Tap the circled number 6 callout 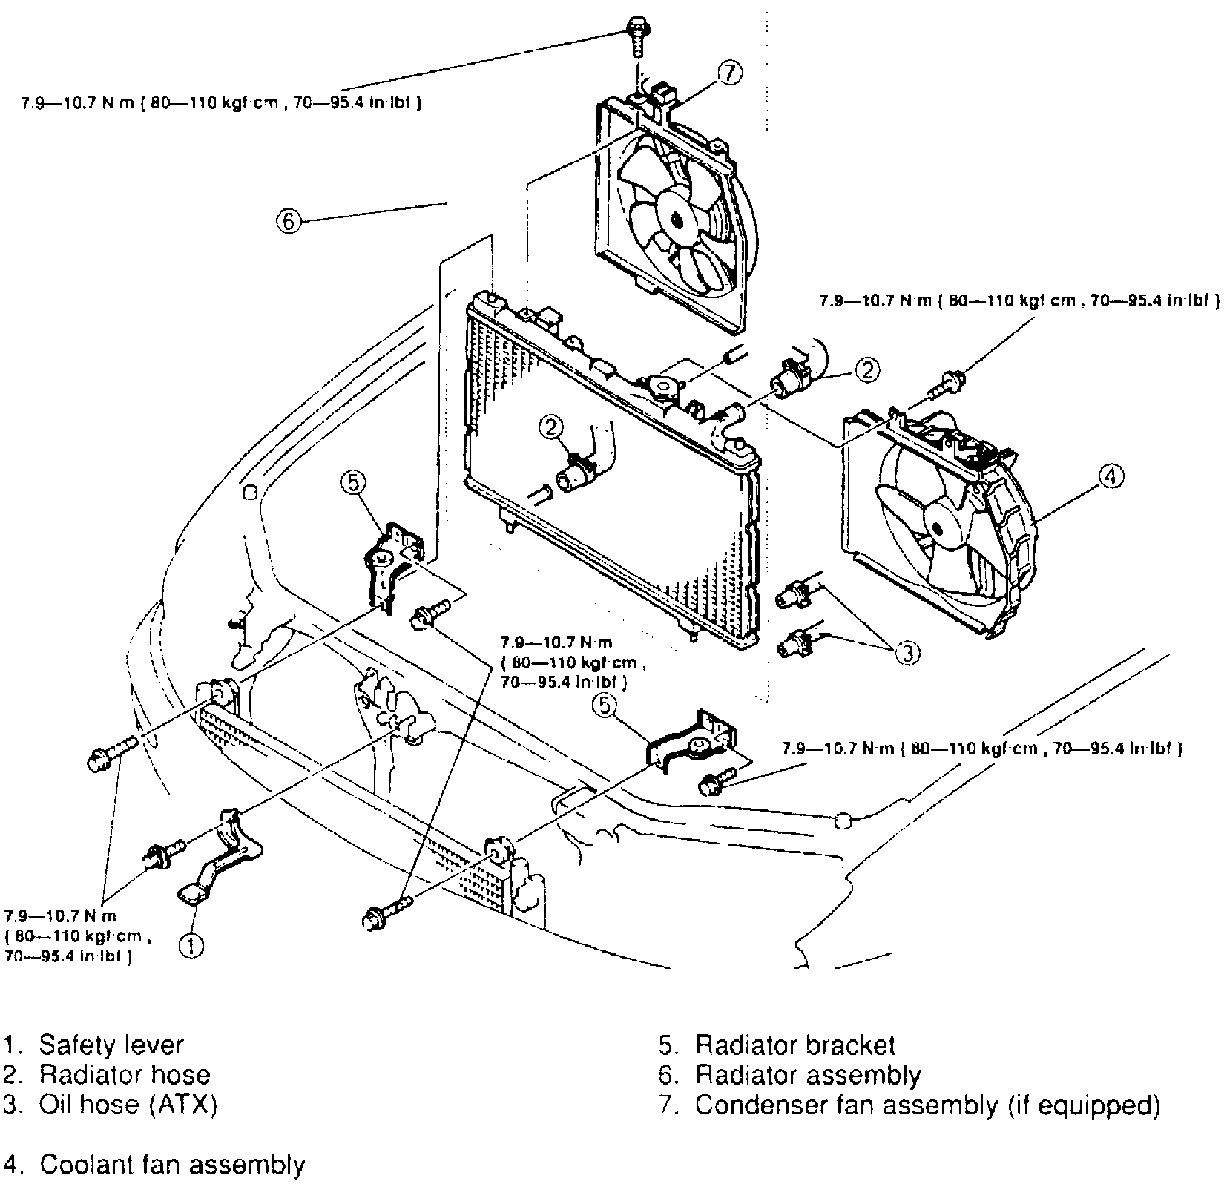tap(289, 220)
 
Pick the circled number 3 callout tap(907, 652)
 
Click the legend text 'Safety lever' tap(111, 1045)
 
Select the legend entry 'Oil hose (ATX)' tap(128, 1105)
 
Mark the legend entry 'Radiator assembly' tap(808, 1075)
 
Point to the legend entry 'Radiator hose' tap(125, 1075)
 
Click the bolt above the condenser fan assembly tap(637, 33)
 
